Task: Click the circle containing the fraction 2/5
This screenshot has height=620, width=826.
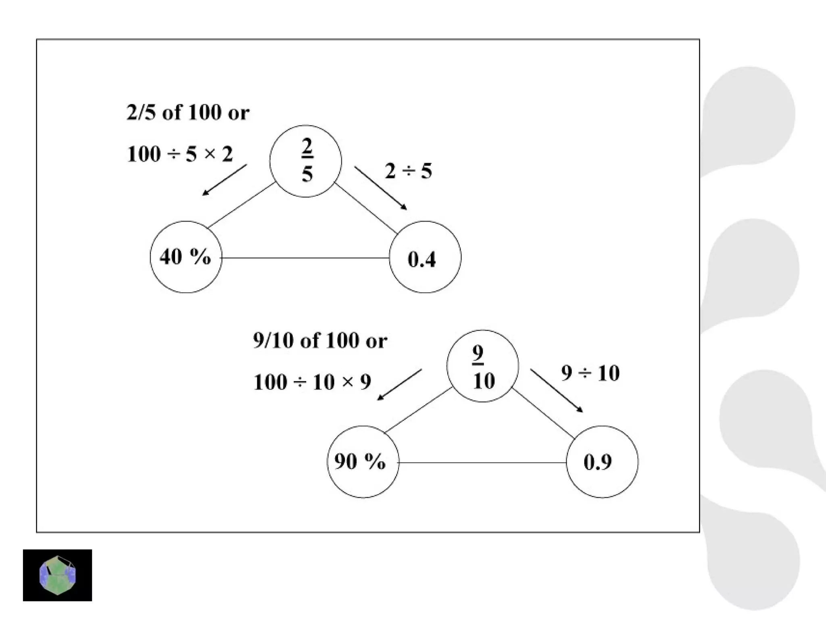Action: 306,161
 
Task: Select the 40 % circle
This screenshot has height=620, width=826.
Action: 186,257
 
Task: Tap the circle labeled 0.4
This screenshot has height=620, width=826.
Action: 425,257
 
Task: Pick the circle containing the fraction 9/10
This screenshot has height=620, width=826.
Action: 482,366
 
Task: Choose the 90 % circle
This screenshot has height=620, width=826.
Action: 363,462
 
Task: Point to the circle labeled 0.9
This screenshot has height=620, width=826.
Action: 602,462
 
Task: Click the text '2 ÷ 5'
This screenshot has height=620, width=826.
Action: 408,171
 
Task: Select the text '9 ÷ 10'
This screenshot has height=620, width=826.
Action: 590,373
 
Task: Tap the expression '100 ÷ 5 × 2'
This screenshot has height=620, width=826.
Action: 180,154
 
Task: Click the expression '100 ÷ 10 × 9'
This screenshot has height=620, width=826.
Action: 312,382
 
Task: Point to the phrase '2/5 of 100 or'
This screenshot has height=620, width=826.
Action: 188,112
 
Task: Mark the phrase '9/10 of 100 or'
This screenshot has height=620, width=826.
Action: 320,341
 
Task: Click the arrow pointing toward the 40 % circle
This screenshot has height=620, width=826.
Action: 224,180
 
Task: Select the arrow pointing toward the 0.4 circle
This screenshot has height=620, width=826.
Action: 381,188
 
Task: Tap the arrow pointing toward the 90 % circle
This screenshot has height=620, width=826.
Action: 399,384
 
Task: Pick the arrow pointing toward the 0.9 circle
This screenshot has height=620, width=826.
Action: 557,390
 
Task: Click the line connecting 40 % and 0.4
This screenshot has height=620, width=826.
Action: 305,258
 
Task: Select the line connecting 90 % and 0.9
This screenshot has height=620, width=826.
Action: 482,463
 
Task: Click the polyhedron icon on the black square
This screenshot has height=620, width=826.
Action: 57,575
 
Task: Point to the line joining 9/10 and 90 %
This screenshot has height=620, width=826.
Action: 418,410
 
